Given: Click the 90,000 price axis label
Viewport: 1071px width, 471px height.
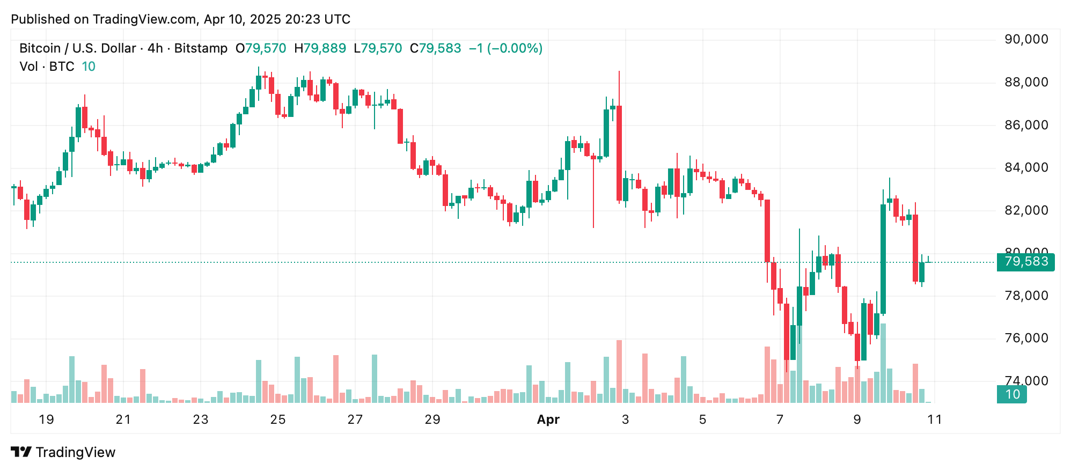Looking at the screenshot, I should pos(1026,40).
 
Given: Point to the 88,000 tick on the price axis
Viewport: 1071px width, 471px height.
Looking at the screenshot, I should pos(1026,83).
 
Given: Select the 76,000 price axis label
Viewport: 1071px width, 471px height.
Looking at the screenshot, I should pos(1026,338).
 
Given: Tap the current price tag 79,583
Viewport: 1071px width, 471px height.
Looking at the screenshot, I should pos(1025,262).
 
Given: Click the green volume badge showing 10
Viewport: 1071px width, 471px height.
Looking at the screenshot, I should pos(1011,395).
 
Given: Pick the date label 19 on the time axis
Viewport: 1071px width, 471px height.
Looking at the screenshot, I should pos(46,420).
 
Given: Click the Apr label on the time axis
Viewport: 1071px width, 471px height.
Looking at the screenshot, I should pos(548,420).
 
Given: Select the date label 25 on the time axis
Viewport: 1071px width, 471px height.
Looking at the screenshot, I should pos(278,420).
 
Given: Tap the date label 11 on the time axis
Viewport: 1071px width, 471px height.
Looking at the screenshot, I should pos(934,420).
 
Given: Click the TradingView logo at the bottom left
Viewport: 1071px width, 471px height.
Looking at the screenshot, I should pos(63,452).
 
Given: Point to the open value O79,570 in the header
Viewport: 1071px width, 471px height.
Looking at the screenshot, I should pos(261,48).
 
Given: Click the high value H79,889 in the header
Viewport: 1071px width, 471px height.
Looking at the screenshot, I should pos(320,48).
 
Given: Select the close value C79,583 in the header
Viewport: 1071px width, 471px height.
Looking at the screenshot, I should pos(435,48).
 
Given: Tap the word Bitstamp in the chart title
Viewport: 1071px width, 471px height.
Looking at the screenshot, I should pos(201,48).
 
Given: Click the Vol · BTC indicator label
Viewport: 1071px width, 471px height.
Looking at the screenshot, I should pos(47,67).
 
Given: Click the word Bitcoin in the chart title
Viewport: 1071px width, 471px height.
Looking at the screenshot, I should pos(40,48).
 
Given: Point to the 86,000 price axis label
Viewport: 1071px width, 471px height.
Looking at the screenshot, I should pos(1026,126).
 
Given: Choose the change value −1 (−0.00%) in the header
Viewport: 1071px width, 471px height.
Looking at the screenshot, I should pos(505,48).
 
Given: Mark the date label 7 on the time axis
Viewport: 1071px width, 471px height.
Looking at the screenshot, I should pos(780,420).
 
